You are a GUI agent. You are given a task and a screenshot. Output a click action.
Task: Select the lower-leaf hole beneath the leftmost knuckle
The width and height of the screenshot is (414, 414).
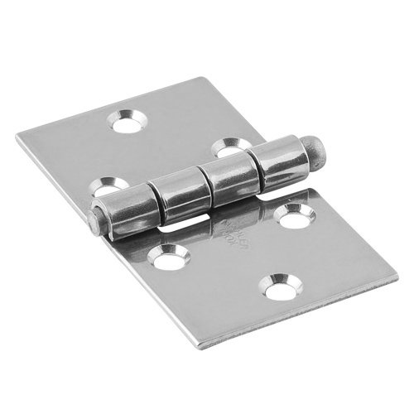(x=169, y=260)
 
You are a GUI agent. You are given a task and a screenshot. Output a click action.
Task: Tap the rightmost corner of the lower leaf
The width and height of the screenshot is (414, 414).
(x=396, y=278)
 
